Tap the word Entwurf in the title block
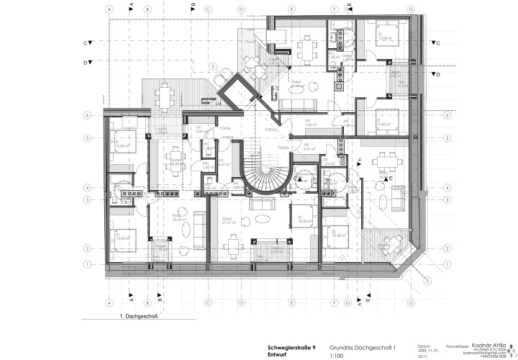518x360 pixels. (257, 356)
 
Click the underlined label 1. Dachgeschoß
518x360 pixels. (137, 315)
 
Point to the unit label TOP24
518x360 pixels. (283, 148)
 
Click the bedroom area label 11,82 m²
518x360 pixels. (383, 124)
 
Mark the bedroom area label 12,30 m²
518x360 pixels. (338, 235)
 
